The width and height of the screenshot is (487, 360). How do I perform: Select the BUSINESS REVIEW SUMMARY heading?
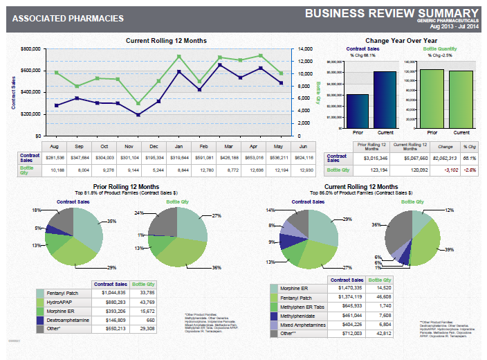pyautogui.click(x=391, y=12)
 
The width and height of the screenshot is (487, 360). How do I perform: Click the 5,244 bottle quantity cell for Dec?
pyautogui.click(x=154, y=169)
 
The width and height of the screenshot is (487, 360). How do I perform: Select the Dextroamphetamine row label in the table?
pyautogui.click(x=70, y=321)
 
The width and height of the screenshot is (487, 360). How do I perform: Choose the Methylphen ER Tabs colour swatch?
pyautogui.click(x=275, y=305)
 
